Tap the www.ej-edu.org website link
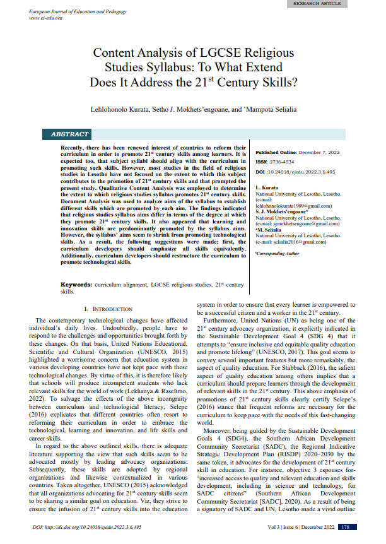(45, 18)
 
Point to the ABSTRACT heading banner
(70, 134)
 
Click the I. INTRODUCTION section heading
(108, 309)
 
